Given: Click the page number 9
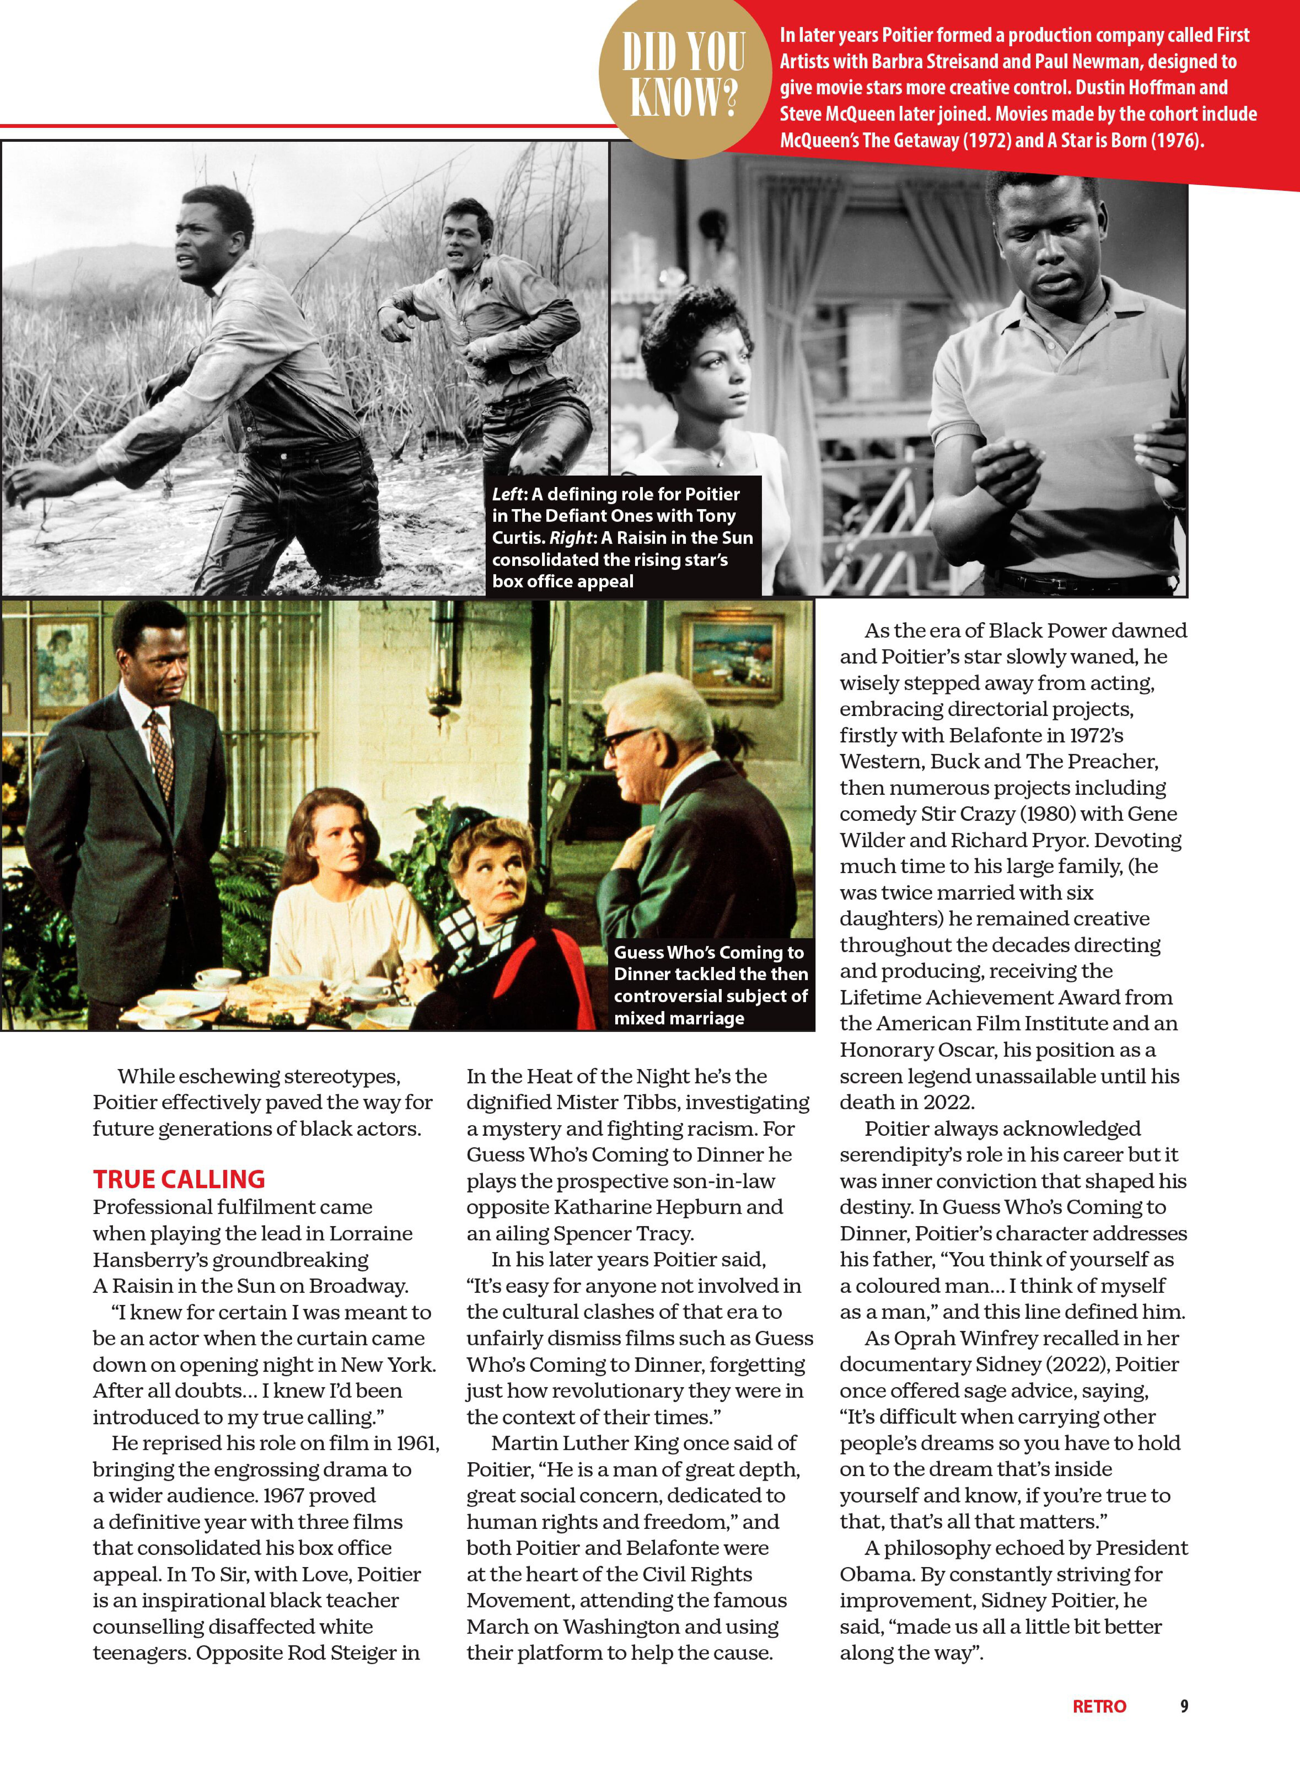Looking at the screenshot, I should click(1183, 1706).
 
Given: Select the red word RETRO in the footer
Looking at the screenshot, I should click(1099, 1706).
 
